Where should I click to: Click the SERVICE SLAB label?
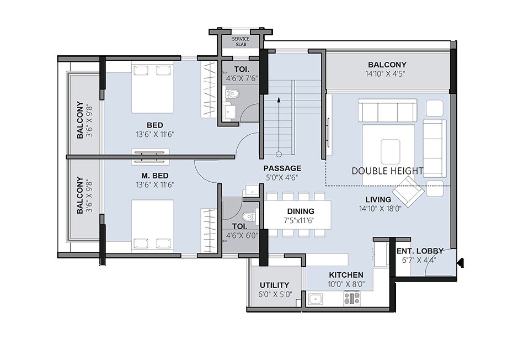pyautogui.click(x=240, y=41)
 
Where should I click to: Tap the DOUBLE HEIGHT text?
pyautogui.click(x=387, y=171)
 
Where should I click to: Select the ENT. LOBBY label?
pyautogui.click(x=420, y=251)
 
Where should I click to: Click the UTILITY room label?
pyautogui.click(x=275, y=285)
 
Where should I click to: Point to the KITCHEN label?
pyautogui.click(x=346, y=275)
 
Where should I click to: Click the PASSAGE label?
pyautogui.click(x=282, y=168)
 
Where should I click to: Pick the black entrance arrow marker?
pyautogui.click(x=461, y=263)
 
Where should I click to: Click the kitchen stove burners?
pyautogui.click(x=352, y=299)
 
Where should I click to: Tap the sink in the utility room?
pyautogui.click(x=316, y=299)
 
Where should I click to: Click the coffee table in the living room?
pyautogui.click(x=391, y=149)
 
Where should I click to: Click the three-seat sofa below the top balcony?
pyautogui.click(x=387, y=110)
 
